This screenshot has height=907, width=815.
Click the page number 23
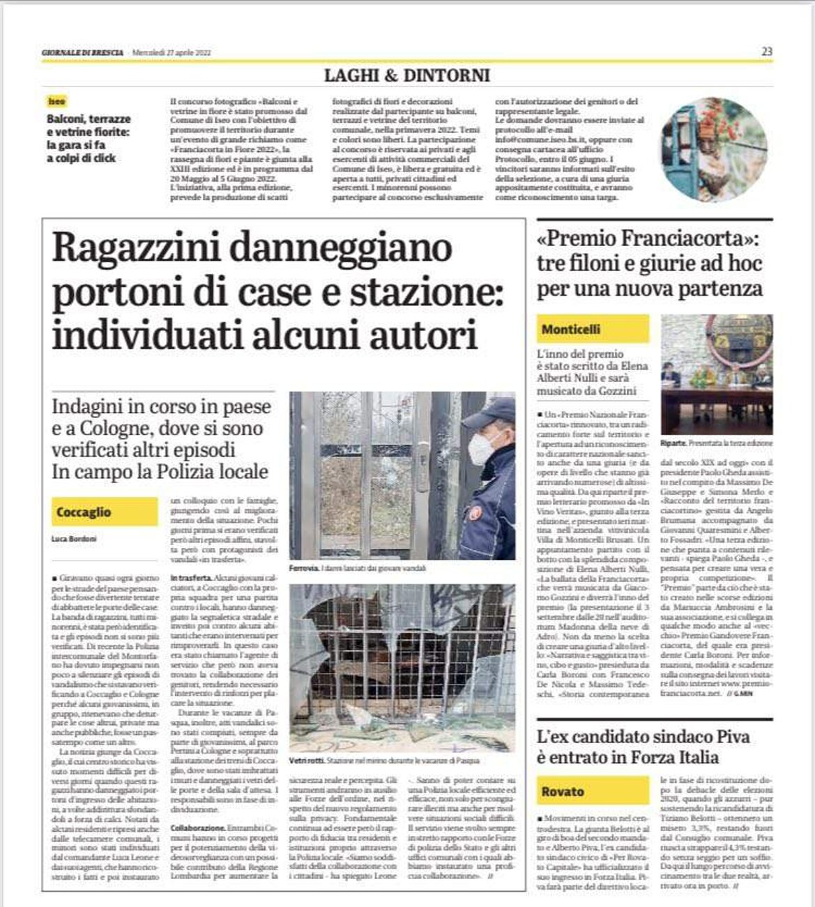pos(767,52)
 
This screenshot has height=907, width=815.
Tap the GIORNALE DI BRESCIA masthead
pos(82,53)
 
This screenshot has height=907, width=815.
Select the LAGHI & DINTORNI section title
pos(407,75)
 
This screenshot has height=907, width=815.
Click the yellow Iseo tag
pos(56,101)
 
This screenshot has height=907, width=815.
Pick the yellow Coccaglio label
pos(84,512)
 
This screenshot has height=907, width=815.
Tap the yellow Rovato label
pos(563,791)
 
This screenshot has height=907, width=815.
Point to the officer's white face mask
pos(483,447)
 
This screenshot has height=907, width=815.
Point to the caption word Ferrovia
pos(304,569)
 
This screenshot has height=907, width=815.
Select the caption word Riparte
pos(673,443)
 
